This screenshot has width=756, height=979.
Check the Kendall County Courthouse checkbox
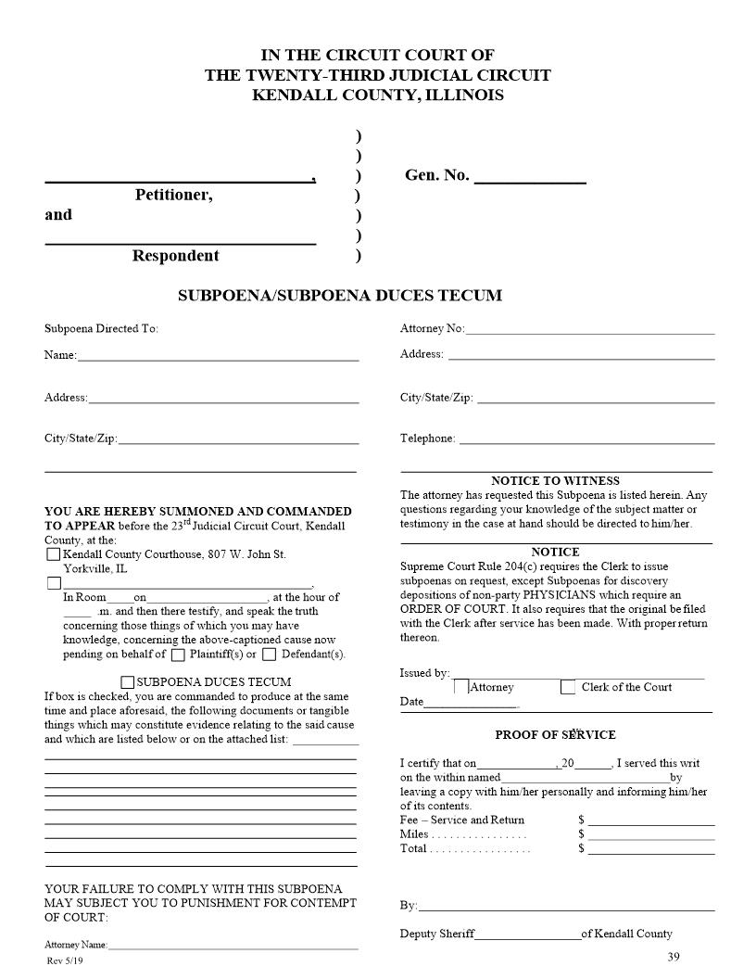click(x=53, y=554)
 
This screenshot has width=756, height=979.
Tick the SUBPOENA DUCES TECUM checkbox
click(x=128, y=682)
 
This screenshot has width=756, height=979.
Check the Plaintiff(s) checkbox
click(x=178, y=655)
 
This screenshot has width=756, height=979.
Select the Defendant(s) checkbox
click(x=269, y=655)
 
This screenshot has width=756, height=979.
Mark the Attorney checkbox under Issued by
click(x=461, y=688)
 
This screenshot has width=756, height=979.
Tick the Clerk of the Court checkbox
click(x=568, y=688)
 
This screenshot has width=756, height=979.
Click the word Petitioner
click(x=173, y=196)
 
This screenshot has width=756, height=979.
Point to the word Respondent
click(x=175, y=256)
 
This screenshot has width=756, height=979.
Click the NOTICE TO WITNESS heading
click(x=555, y=481)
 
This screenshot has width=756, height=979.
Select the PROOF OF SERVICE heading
click(x=555, y=735)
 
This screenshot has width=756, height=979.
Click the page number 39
click(x=674, y=958)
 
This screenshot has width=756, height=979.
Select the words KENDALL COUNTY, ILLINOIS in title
click(x=378, y=95)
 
